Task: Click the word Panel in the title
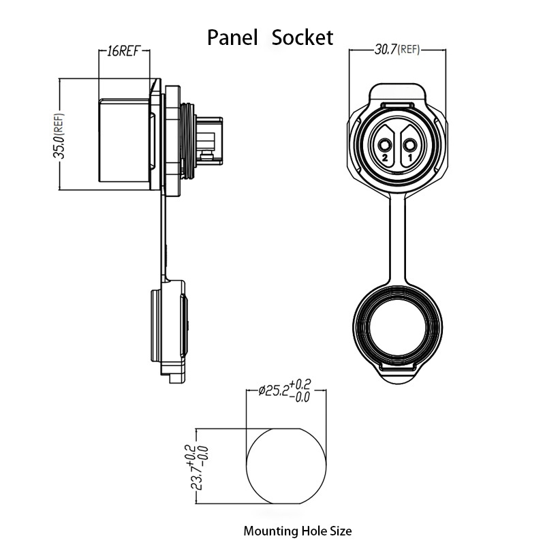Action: (x=232, y=37)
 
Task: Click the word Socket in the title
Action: (x=302, y=37)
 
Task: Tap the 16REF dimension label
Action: (x=123, y=51)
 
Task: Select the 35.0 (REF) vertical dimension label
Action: (x=59, y=136)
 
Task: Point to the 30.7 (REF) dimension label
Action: (x=397, y=50)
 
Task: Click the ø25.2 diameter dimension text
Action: (x=284, y=391)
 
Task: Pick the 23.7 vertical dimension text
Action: (x=199, y=467)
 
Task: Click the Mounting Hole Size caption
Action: (x=298, y=531)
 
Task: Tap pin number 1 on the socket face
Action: (x=410, y=158)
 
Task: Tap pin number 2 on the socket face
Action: (x=385, y=158)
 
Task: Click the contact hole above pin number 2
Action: (x=385, y=144)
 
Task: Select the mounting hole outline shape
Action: (x=247, y=466)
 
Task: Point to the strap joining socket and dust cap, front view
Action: (x=398, y=240)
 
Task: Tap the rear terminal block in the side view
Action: (x=209, y=141)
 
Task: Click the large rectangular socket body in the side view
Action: (x=124, y=140)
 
